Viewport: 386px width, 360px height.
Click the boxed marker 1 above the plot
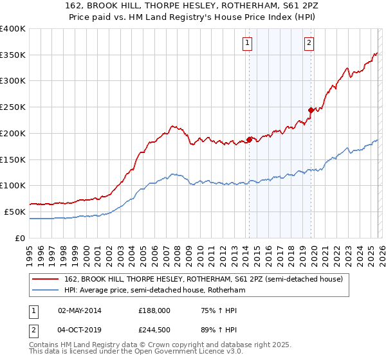[x=248, y=43]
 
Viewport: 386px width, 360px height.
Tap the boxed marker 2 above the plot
[x=309, y=43]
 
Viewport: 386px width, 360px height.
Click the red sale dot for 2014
[x=249, y=139]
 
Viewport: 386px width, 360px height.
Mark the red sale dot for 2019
[x=311, y=110]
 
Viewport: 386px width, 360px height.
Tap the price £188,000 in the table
[x=154, y=310]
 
